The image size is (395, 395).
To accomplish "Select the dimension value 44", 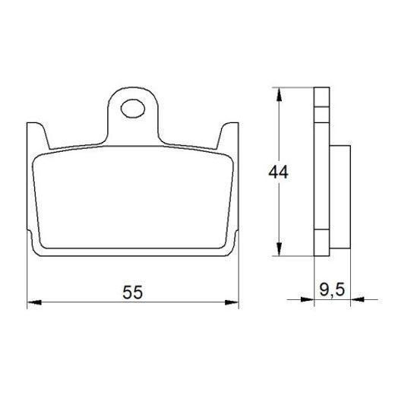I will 278,172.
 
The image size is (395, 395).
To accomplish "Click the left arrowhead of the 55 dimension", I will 33,303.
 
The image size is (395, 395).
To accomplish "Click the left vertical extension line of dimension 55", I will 27,281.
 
